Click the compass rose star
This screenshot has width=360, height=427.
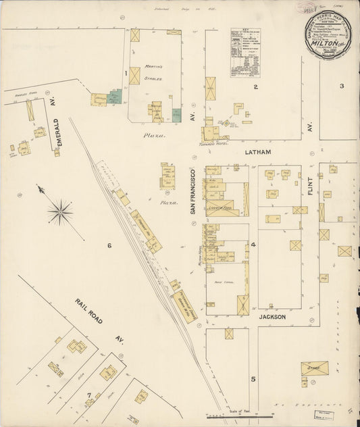point(60,213)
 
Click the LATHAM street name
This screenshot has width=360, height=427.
point(257,153)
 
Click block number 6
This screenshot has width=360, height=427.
point(109,245)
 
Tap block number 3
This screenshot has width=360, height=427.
point(342,86)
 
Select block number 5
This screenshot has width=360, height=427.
point(253,379)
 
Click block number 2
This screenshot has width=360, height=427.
point(255,86)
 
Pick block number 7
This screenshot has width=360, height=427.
point(88,394)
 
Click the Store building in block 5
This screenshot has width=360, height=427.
point(314,369)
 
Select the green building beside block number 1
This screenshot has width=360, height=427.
point(115,97)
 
